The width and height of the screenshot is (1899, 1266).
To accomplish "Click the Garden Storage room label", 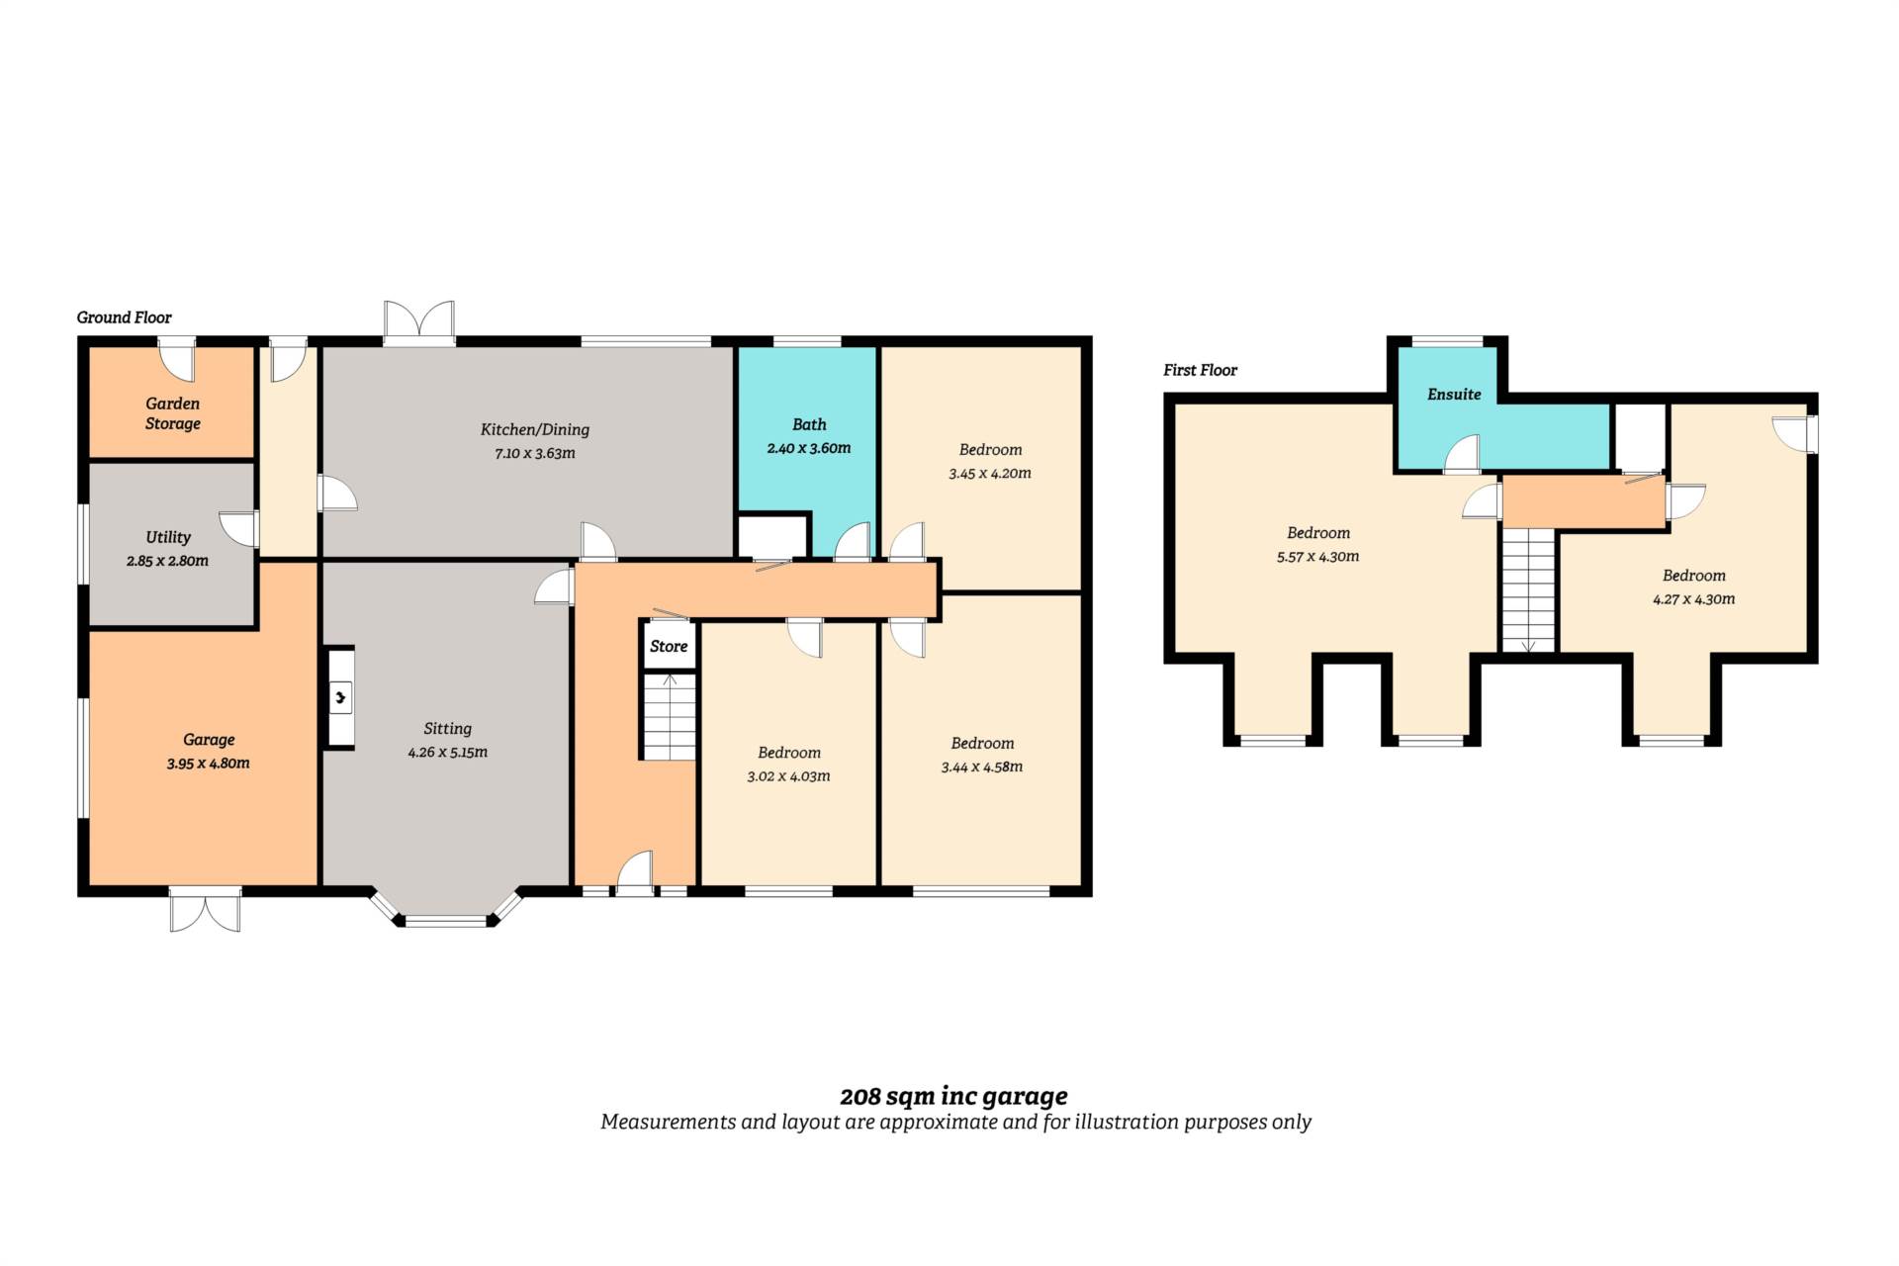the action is (173, 413).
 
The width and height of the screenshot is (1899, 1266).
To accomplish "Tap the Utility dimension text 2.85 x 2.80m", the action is (167, 561).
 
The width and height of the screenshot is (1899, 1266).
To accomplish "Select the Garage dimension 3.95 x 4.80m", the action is (208, 764).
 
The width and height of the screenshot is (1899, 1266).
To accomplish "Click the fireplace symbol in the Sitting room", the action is (340, 698).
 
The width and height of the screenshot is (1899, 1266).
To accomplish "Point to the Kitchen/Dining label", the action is (535, 429).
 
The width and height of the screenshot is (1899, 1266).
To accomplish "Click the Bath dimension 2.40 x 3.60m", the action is (809, 448).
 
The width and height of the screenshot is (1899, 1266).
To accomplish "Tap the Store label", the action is (669, 646).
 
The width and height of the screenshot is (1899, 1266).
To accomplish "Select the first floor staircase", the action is (1529, 590).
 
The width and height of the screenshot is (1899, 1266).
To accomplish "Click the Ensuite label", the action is (1454, 394).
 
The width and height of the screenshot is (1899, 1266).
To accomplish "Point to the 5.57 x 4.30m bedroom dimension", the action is (1317, 557).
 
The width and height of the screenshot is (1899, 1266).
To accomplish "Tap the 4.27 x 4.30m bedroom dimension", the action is (1693, 599).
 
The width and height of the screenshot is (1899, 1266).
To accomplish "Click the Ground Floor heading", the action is (125, 317).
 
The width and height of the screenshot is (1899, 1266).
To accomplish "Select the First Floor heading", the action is (1200, 370).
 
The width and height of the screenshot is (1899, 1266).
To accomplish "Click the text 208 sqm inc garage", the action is (953, 1096).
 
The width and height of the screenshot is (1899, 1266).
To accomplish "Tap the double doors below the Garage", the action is (205, 909).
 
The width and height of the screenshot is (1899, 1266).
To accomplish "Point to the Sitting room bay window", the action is (446, 908).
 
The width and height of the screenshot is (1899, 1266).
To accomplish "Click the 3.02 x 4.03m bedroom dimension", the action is (788, 776).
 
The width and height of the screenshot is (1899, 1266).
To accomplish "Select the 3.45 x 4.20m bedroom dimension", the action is (990, 474).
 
